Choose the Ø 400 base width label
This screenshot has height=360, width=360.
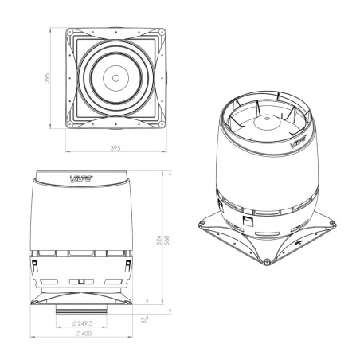tap(83, 334)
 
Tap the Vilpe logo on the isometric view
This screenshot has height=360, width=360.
tap(298, 143)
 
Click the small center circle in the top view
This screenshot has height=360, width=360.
tap(116, 78)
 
